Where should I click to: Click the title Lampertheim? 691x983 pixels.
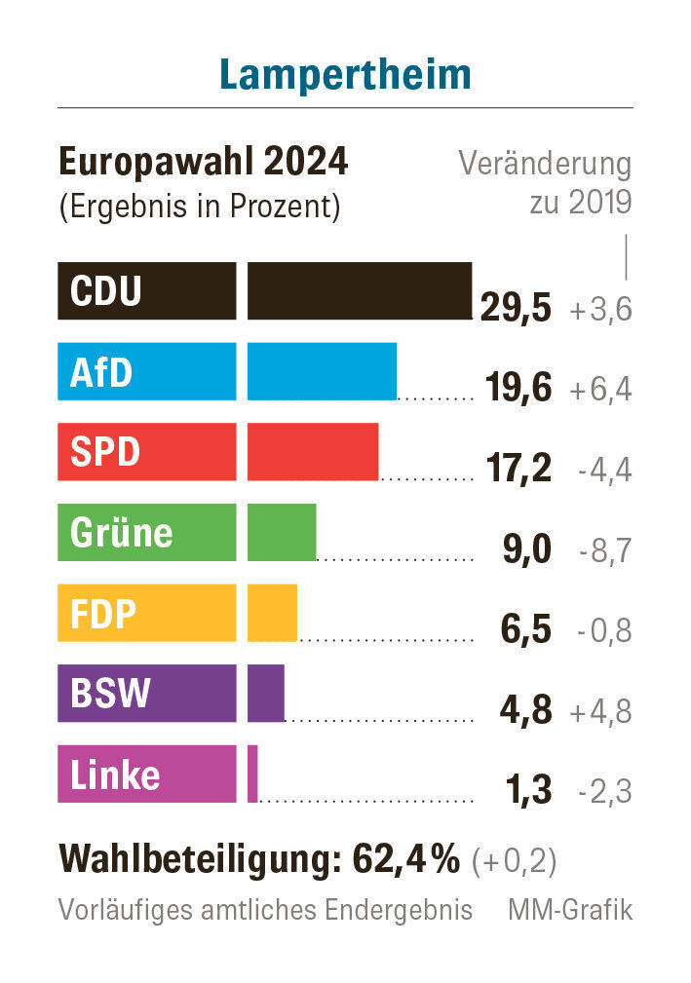click(x=345, y=75)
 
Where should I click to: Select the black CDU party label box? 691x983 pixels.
click(x=146, y=290)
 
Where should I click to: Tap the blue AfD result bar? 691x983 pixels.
click(x=322, y=371)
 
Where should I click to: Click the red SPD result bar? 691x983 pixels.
click(x=313, y=452)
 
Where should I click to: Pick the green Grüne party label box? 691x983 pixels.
click(x=146, y=532)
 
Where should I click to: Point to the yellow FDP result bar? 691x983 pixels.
click(x=272, y=613)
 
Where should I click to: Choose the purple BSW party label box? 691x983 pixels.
click(x=146, y=694)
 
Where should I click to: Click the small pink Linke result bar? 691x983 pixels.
click(x=252, y=774)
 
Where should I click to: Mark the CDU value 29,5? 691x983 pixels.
click(x=516, y=309)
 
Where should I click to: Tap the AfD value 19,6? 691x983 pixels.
click(x=518, y=390)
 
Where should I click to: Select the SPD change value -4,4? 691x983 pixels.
click(x=604, y=471)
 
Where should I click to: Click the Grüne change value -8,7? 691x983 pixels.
click(x=604, y=551)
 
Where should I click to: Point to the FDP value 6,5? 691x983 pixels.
click(x=525, y=631)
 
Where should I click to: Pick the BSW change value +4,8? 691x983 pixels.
click(x=601, y=712)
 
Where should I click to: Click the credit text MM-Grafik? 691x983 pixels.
click(x=570, y=911)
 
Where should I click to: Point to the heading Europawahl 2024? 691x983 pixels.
click(x=204, y=163)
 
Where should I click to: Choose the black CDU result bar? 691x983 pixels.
click(x=360, y=290)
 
